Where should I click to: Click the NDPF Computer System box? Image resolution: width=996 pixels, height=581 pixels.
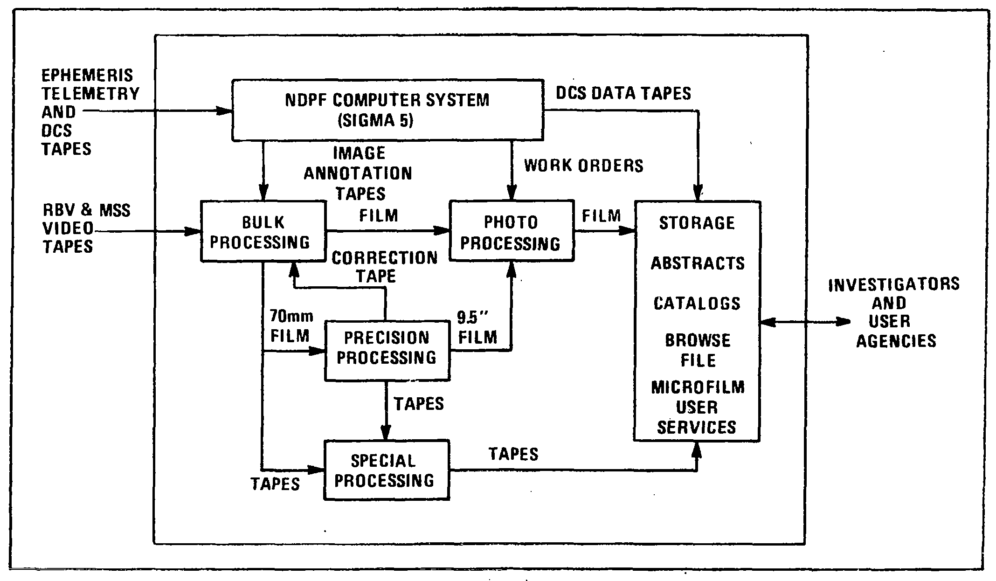(387, 110)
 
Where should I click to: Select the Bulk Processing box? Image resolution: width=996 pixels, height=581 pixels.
(263, 231)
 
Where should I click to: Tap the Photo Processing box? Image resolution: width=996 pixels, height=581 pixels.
(511, 231)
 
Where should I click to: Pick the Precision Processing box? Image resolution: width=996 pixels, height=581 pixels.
(387, 350)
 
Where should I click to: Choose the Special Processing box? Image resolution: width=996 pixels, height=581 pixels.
(386, 470)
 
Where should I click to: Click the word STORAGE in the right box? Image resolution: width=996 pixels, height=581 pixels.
(697, 223)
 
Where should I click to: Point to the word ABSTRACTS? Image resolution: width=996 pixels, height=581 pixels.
(698, 263)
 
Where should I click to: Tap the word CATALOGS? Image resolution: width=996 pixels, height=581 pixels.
(697, 304)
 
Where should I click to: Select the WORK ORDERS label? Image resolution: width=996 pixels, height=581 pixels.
(583, 166)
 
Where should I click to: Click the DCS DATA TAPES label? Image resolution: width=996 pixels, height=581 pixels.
(623, 93)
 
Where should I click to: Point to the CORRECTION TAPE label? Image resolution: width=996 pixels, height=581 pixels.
(384, 267)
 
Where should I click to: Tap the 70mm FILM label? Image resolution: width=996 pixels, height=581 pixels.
(290, 326)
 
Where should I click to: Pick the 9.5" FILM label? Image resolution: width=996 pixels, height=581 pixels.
(477, 327)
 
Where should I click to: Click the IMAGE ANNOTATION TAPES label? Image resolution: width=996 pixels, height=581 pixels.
(358, 173)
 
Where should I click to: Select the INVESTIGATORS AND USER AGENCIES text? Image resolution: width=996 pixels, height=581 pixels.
(894, 312)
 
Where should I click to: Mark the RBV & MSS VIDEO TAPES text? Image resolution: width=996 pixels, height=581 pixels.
(86, 228)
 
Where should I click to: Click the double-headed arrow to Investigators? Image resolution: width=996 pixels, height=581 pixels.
(805, 322)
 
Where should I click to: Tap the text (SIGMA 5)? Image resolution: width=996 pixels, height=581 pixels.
(375, 121)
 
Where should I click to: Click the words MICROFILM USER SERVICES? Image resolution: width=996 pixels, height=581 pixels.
(697, 407)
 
